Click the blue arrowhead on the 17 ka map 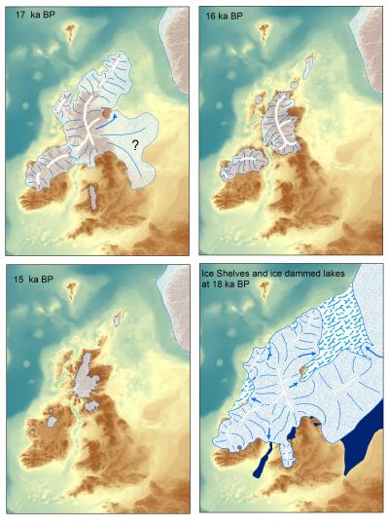pos(114,115)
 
